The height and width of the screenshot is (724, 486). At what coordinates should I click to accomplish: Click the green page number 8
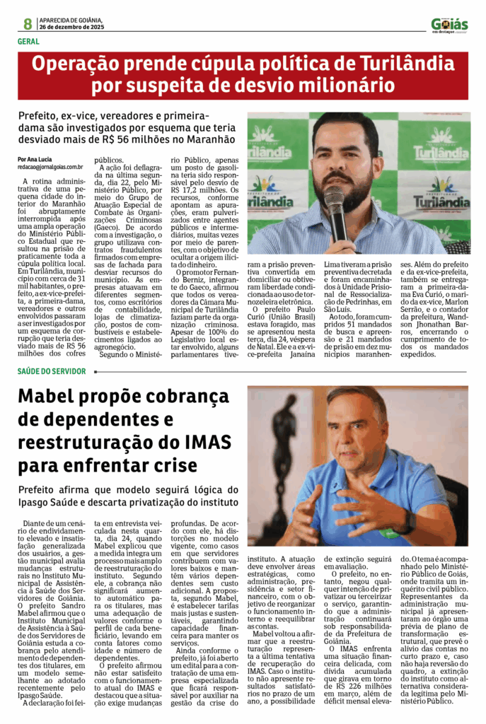point(28,23)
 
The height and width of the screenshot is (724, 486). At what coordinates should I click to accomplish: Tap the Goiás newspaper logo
point(449,25)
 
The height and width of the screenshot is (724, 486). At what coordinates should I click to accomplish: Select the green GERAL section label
point(28,41)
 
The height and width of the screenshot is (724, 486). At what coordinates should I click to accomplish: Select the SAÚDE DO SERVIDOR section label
point(51,371)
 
